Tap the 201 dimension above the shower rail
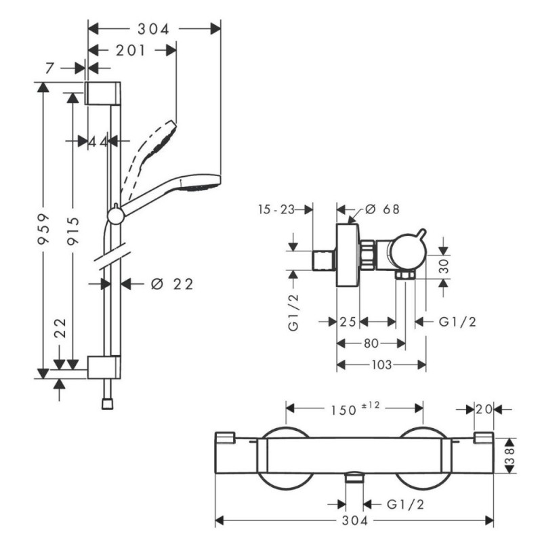(131, 50)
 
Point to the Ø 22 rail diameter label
(171, 284)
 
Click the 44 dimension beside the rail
(98, 141)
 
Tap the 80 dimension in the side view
(371, 343)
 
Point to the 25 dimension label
(348, 322)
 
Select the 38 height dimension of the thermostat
(512, 453)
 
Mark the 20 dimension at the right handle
(483, 409)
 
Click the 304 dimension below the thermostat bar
(354, 521)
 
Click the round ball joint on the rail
(116, 215)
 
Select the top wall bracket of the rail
(103, 91)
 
